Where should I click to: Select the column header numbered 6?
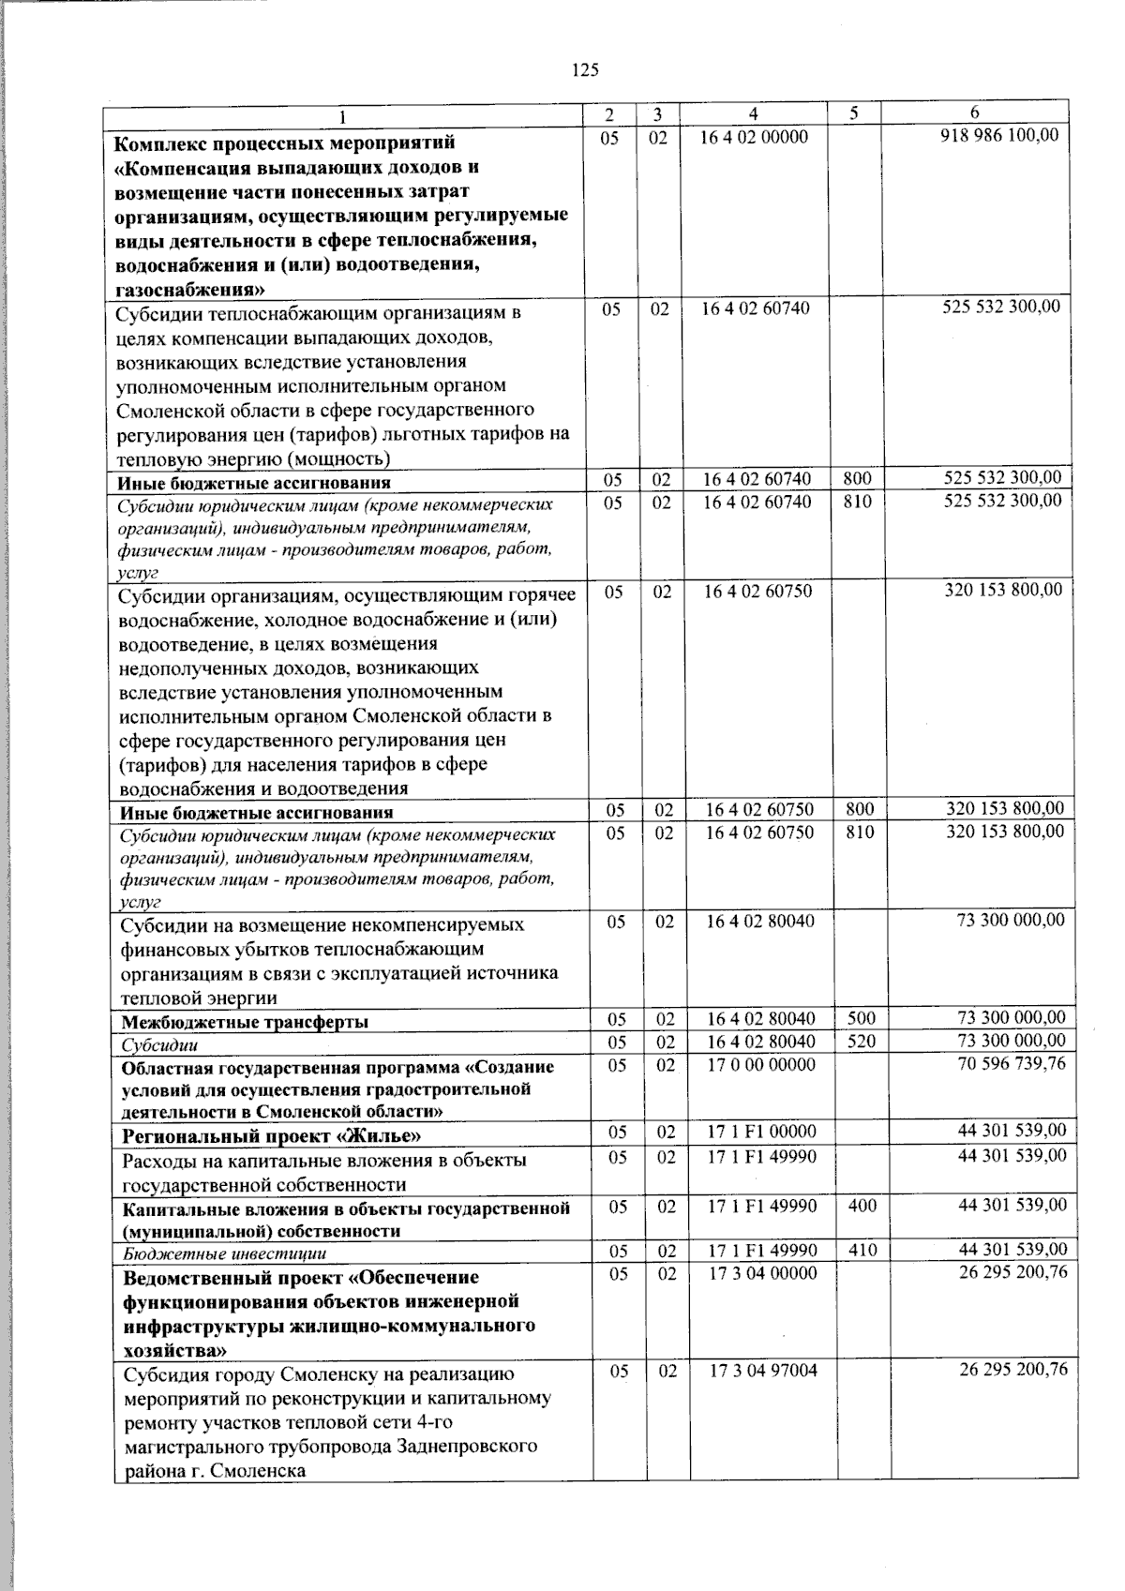975,113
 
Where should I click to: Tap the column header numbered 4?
754,113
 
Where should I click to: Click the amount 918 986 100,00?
999,136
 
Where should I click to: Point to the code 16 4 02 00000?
754,137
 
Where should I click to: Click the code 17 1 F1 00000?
761,1132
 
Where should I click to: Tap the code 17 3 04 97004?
762,1370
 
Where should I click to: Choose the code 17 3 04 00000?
762,1272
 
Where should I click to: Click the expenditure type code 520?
862,1041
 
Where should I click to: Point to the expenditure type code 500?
862,1017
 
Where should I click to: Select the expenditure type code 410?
862,1250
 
